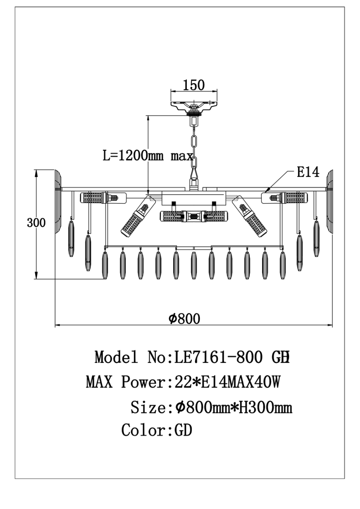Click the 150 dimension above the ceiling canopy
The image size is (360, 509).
coord(194,85)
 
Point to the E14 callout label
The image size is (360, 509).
coord(308,172)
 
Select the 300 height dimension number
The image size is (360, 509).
coord(36,223)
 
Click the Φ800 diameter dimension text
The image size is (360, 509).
coord(184,319)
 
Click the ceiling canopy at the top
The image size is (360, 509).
coord(194,105)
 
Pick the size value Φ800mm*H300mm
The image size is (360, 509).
coord(233,408)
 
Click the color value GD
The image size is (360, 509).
coord(183,430)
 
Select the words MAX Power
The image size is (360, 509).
coord(125,382)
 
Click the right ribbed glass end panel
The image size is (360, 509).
coord(329,202)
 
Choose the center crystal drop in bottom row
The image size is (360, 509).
coord(194,265)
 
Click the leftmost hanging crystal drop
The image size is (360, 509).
coord(71,239)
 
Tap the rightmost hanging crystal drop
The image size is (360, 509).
coord(317,239)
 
